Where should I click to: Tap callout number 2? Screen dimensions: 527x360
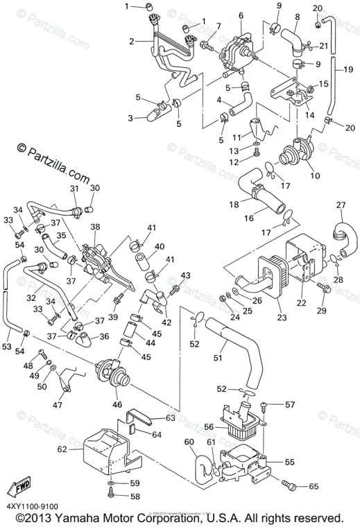130,42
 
